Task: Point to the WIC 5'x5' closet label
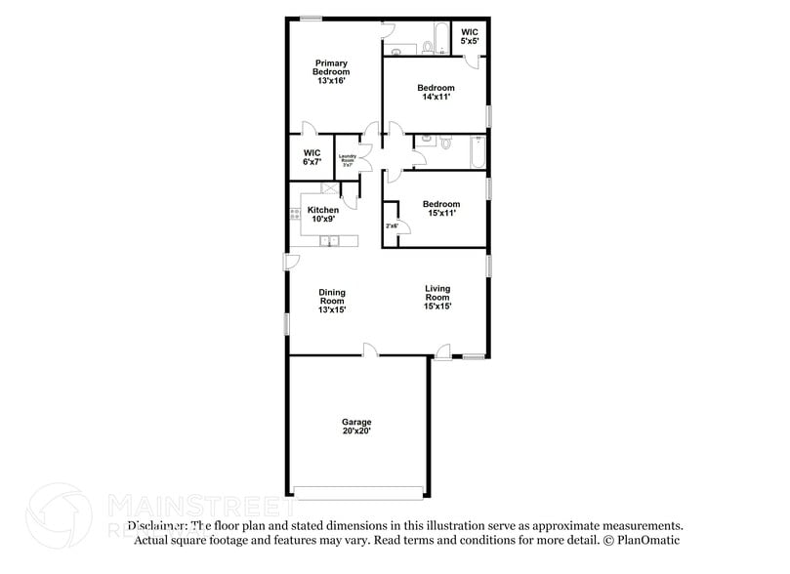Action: pos(469,36)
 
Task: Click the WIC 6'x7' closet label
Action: pos(312,157)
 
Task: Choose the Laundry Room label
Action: pos(347,160)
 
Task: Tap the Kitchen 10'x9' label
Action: pos(323,215)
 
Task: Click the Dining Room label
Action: pos(332,301)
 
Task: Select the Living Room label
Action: pos(437,297)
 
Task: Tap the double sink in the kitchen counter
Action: pos(331,240)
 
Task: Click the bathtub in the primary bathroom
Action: pos(440,37)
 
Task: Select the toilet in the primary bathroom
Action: pos(427,46)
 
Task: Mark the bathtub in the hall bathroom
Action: pos(477,153)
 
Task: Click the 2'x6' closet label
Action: pos(392,225)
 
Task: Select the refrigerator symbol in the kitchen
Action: pos(330,191)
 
